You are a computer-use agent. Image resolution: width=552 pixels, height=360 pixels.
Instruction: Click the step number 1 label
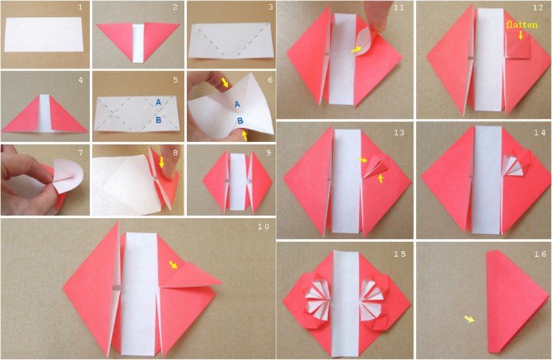tap(80, 7)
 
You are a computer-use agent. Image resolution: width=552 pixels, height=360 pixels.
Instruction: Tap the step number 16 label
tap(540, 254)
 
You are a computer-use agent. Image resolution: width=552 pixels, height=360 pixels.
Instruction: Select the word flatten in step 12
tap(522, 24)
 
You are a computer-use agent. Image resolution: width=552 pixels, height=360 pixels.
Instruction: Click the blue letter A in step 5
tap(158, 102)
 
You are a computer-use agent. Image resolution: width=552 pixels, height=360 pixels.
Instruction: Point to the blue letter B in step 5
tap(158, 120)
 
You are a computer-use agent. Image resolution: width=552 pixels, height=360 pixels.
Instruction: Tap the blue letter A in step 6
tap(237, 105)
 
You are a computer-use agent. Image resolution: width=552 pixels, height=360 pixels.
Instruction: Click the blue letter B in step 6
tap(240, 121)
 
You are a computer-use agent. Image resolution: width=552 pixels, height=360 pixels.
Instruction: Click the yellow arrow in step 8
tap(162, 162)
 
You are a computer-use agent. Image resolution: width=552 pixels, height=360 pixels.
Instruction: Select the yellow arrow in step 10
tap(173, 264)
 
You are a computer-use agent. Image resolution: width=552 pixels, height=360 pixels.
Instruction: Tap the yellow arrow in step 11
tap(356, 50)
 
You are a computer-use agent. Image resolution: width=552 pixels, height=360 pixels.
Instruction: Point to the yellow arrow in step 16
tap(469, 319)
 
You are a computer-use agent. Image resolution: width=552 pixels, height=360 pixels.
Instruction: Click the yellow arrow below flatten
tap(520, 35)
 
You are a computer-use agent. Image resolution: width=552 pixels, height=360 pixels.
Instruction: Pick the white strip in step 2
tap(138, 43)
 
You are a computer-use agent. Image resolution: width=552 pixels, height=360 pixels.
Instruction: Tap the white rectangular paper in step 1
tap(43, 35)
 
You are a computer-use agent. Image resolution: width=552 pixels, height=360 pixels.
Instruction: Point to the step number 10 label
tap(263, 227)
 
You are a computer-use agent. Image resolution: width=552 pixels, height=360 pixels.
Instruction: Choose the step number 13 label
tap(400, 133)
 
